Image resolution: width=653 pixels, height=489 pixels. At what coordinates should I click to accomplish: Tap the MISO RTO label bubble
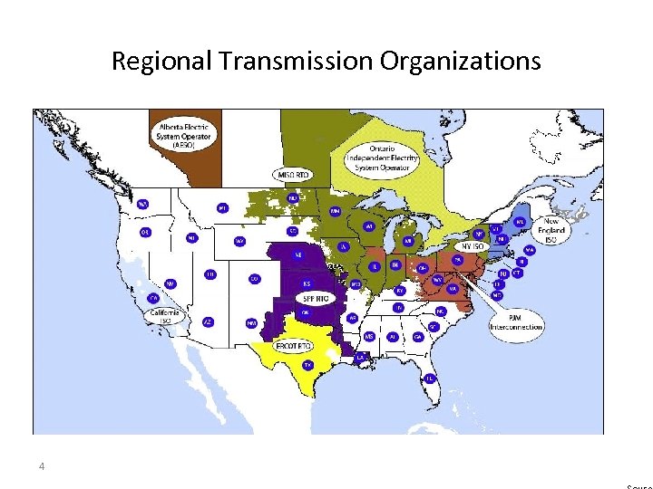coord(292,174)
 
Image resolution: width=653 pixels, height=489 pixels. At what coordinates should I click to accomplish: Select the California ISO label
coord(167,316)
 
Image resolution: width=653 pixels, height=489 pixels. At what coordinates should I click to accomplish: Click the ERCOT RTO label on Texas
coord(295,347)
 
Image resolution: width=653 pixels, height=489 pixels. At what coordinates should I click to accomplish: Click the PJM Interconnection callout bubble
coord(515,321)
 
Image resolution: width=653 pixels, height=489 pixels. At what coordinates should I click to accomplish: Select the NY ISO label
coord(473,246)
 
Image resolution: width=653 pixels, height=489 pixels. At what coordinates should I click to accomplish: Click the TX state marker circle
coord(308,365)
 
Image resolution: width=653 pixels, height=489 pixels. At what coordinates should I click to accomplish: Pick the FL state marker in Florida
coord(429,377)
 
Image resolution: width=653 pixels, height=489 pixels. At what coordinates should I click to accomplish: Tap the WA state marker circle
coord(142,204)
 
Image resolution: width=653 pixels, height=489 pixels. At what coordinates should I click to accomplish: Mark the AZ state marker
coord(208,321)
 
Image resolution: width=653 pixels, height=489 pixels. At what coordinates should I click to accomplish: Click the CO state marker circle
coord(255,278)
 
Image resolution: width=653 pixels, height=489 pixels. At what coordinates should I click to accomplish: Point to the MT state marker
coord(222,207)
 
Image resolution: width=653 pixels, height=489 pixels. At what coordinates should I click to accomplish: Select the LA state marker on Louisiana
coord(361,357)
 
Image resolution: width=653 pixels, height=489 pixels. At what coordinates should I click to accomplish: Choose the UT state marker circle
coord(210,273)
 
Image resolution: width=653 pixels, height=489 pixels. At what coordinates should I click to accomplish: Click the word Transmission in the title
coord(295,62)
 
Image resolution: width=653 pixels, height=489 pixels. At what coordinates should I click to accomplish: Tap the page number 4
coord(42,466)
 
